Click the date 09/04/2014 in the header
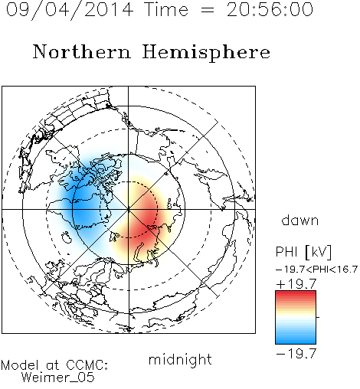tap(70, 10)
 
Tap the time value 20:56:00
tap(270, 9)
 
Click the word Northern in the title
tap(82, 51)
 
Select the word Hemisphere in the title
tap(206, 53)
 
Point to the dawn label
tap(300, 220)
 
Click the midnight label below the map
tap(180, 360)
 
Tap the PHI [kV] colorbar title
tap(303, 252)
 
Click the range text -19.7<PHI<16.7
tap(316, 270)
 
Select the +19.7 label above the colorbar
tap(296, 284)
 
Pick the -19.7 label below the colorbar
tap(296, 354)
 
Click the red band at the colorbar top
tap(296, 294)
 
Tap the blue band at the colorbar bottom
tap(296, 341)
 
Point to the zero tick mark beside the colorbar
tap(318, 317)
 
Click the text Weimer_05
tap(57, 378)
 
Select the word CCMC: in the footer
tap(87, 365)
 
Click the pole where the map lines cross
tap(129, 210)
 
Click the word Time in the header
tap(166, 9)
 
